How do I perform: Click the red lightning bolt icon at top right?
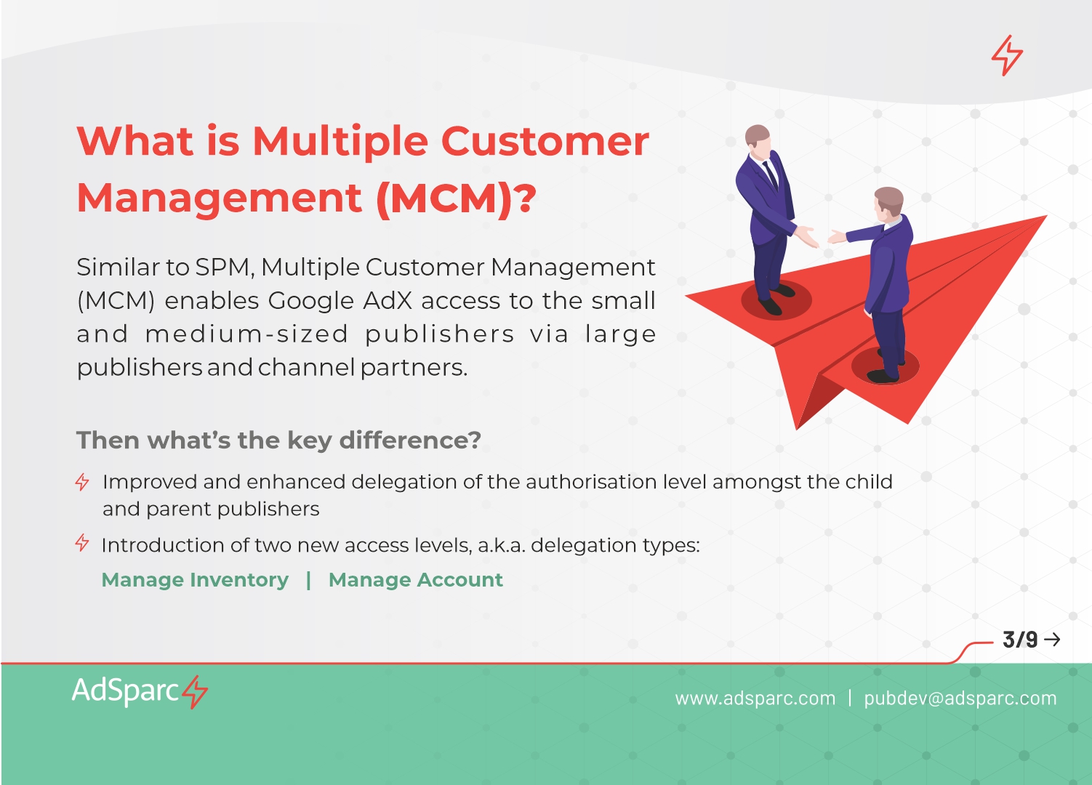[1007, 55]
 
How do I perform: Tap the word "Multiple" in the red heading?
[340, 142]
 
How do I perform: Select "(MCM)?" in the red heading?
[457, 198]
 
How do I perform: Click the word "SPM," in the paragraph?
[225, 267]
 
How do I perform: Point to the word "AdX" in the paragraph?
[388, 301]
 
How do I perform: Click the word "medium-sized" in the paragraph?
[246, 334]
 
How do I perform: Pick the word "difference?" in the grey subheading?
[410, 440]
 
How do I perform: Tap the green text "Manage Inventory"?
[195, 580]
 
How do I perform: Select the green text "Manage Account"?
[415, 580]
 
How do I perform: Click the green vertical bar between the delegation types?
[308, 580]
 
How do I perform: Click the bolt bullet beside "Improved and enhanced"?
[82, 482]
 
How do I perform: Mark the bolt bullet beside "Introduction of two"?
[82, 542]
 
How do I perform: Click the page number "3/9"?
[1020, 640]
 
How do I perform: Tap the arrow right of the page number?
[1053, 640]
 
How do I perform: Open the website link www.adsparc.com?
[755, 699]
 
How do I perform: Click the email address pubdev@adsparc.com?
[960, 699]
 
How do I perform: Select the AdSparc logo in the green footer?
[140, 691]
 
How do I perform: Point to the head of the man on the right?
[888, 203]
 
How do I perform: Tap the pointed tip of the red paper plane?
[1046, 216]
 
